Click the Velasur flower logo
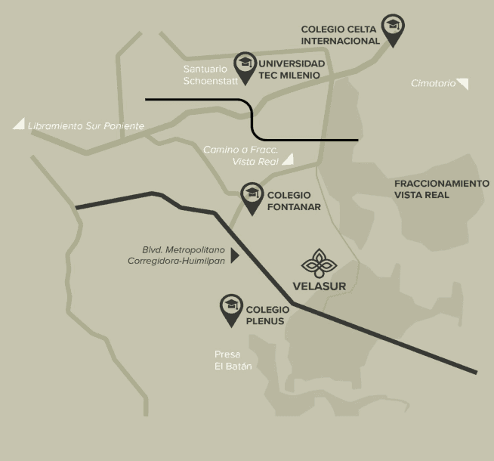[319, 263]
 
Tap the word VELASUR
[319, 286]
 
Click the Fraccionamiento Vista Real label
[441, 189]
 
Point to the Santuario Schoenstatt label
[205, 74]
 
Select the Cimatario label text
[433, 83]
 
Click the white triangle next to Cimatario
[463, 83]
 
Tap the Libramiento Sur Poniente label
[85, 126]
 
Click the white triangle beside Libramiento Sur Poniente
[18, 124]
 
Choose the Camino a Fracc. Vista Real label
[240, 156]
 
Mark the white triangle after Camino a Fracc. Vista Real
[288, 159]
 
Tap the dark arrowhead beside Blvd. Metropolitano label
[234, 256]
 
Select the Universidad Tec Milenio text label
[292, 69]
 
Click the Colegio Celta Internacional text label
[340, 35]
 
